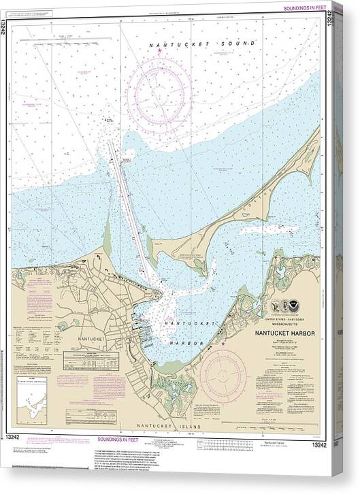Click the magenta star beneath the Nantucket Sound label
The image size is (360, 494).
tap(159, 50)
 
